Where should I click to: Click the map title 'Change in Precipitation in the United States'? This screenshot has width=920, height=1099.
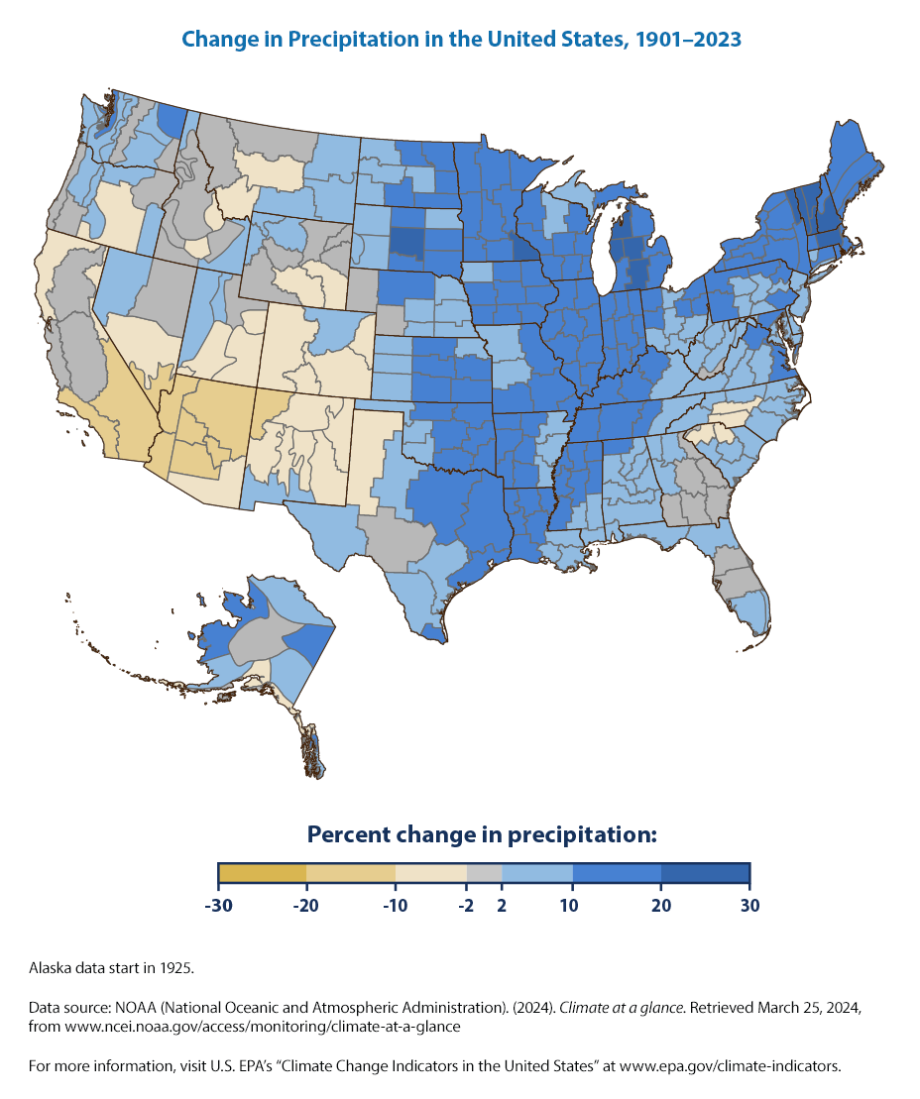(x=460, y=40)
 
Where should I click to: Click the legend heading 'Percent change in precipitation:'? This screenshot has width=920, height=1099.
(x=483, y=834)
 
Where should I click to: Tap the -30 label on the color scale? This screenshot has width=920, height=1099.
(x=217, y=905)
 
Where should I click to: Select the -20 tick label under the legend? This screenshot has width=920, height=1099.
(x=305, y=905)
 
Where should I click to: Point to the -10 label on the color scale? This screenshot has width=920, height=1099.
(x=395, y=905)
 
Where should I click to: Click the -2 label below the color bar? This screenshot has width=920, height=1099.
(x=465, y=905)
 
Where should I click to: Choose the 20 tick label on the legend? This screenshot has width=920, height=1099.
(x=661, y=905)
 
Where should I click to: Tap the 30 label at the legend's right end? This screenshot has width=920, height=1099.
(x=749, y=905)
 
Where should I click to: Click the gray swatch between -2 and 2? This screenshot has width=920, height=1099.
(x=484, y=873)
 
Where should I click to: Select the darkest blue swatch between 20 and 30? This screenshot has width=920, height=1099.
(x=705, y=873)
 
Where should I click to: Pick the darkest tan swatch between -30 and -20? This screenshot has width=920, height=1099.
(x=262, y=873)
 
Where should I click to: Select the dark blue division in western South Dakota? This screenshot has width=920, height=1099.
(x=406, y=242)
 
